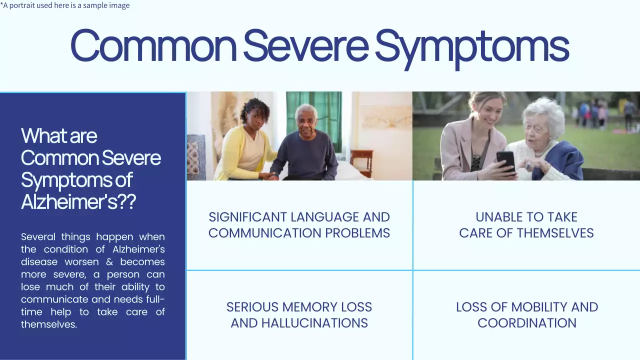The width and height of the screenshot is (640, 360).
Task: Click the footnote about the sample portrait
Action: point(65,5)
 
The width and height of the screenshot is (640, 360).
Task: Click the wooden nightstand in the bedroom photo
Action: point(361,162)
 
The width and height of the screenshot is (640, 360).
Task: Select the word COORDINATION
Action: point(526,323)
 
